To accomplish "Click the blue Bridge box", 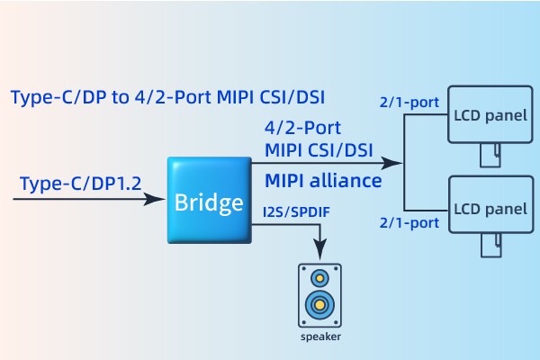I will [209, 201].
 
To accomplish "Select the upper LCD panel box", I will [488, 117].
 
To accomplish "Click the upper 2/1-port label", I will [410, 103].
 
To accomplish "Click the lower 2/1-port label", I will [410, 221].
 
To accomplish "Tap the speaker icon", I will [319, 295].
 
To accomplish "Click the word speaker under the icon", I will [319, 337].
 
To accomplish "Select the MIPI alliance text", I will [323, 181].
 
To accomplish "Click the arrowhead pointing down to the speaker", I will [319, 251].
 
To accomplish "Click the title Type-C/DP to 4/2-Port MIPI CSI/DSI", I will [166, 96].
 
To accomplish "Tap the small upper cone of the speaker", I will [319, 277].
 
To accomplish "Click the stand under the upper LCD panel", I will [487, 158].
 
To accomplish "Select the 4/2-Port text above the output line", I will [302, 128].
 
